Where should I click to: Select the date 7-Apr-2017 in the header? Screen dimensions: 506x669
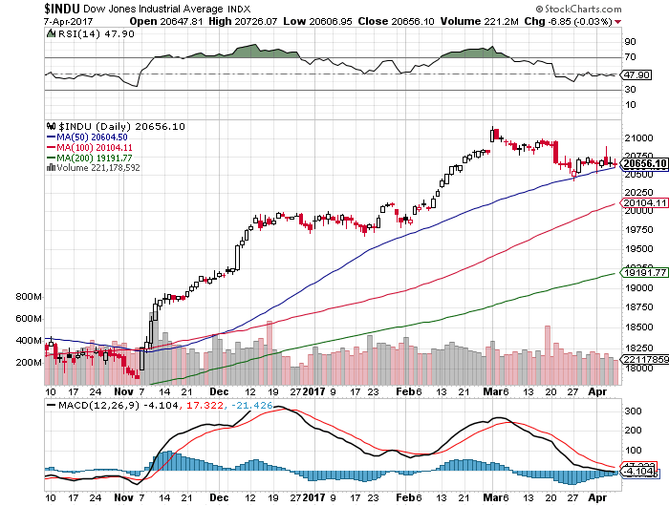[x=26, y=20]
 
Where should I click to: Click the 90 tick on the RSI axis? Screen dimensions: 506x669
[x=630, y=43]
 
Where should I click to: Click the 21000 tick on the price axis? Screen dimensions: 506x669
[x=637, y=138]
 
